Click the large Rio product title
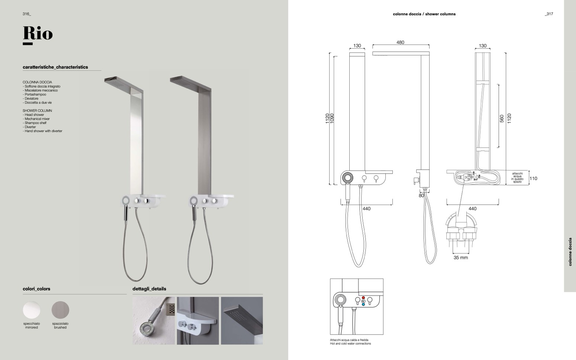(x=38, y=33)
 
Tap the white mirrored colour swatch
(x=32, y=310)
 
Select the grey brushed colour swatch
(x=61, y=310)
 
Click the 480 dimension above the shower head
(x=400, y=42)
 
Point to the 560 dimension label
(x=502, y=119)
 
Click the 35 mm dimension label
(x=461, y=258)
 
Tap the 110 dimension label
(x=533, y=179)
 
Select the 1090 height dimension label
(x=332, y=118)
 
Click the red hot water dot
(x=363, y=298)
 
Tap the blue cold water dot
(x=363, y=305)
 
